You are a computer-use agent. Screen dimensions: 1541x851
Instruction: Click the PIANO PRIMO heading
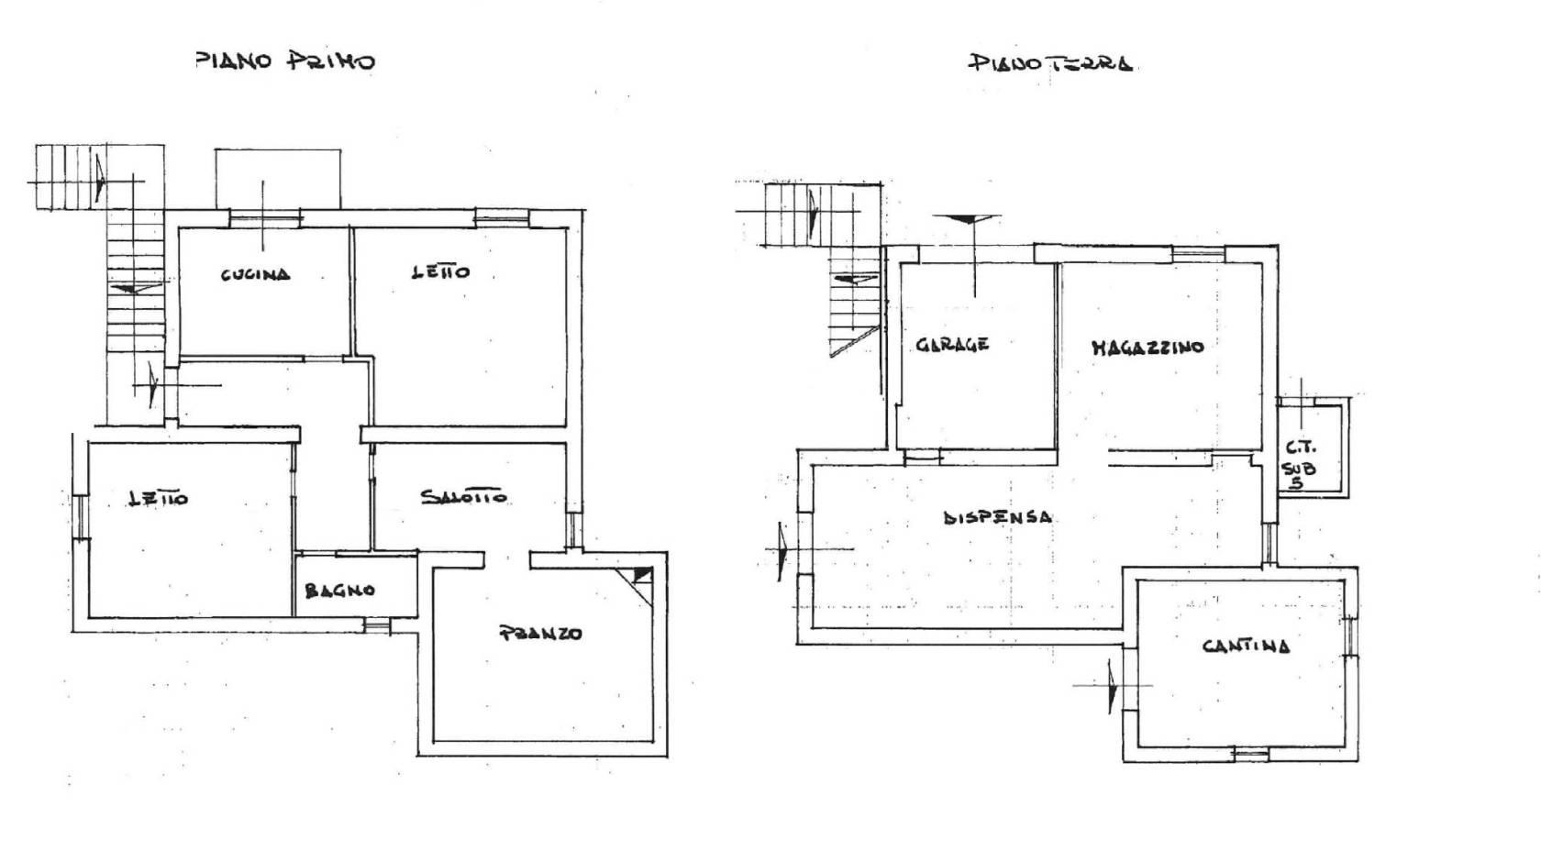pos(285,61)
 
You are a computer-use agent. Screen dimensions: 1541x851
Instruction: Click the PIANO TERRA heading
pos(1050,64)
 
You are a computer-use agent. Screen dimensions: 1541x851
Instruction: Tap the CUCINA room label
pos(256,275)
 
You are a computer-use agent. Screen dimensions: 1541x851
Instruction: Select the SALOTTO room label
pos(464,497)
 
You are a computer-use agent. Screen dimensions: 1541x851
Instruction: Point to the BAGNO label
pos(339,591)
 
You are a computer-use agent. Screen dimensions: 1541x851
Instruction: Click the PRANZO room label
pos(541,633)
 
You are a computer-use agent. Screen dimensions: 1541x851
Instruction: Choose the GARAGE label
pos(952,344)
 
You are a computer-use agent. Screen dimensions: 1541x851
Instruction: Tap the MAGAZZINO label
pos(1148,347)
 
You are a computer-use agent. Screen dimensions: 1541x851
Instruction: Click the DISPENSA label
pos(998,516)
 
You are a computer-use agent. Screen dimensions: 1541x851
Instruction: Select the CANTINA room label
pos(1246,646)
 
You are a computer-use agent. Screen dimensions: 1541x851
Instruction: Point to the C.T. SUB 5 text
pos(1300,465)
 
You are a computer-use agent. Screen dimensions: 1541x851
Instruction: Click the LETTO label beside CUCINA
pos(441,272)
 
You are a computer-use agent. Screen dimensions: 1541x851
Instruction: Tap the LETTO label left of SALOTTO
pos(158,498)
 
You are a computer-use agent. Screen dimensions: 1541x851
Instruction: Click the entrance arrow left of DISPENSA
pos(783,549)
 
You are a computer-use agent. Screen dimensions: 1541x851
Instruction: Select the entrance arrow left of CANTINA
pos(1110,686)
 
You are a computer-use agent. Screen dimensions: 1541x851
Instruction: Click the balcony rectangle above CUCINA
pos(278,179)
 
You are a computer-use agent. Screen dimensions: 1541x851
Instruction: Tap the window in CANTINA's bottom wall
pos(1250,755)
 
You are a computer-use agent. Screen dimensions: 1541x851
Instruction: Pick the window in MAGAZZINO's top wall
pos(1198,255)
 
